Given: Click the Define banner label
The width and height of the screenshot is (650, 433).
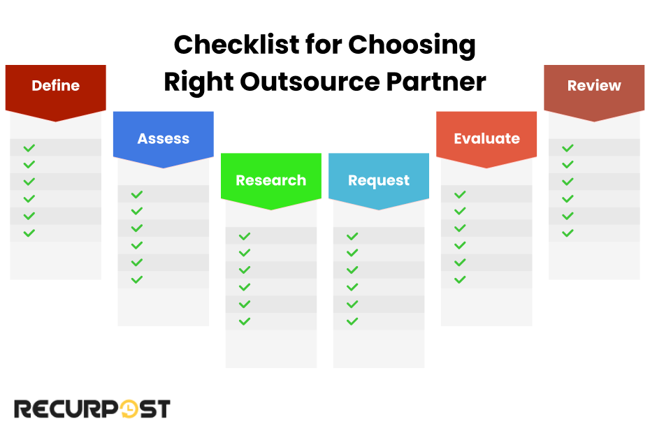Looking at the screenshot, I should tap(56, 86).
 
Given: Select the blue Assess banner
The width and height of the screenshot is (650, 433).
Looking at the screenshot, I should tap(164, 138).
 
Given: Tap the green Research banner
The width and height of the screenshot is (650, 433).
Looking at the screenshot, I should tap(271, 180).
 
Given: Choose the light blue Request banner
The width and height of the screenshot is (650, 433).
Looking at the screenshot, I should tap(379, 180).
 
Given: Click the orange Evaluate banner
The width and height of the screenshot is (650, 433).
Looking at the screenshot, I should tap(486, 138).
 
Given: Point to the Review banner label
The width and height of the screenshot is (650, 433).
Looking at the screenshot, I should tap(594, 86).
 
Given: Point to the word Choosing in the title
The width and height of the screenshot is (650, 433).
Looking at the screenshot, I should tap(412, 45).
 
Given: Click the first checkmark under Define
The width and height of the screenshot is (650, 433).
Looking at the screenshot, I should tap(29, 148).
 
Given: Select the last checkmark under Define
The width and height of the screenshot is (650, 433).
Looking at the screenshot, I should tap(29, 233).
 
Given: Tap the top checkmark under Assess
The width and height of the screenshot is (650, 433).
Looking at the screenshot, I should tap(137, 195).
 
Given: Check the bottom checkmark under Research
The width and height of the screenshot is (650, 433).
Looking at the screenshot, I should tap(245, 321).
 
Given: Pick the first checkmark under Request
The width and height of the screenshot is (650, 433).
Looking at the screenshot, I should tap(352, 237).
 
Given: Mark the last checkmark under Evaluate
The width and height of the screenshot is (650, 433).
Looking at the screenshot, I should tap(460, 280).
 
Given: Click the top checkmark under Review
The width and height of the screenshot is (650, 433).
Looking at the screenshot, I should tap(568, 148).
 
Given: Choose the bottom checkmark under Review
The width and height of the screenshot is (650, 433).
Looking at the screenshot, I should tap(568, 233).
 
